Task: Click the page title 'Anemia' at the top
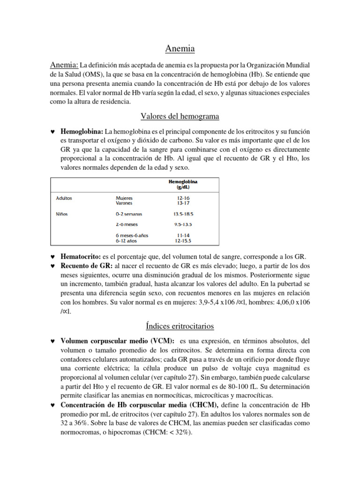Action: tap(180, 48)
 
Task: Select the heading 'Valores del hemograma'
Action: tap(180, 116)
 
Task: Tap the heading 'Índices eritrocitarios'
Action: tap(180, 326)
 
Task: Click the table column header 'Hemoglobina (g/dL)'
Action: tap(183, 184)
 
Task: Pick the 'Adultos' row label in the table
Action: tap(64, 198)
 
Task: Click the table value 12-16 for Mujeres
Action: tap(183, 198)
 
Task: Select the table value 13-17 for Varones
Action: tap(183, 203)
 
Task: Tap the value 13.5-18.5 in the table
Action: tap(183, 214)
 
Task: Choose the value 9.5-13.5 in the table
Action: tap(183, 224)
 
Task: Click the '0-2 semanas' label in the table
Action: tap(129, 214)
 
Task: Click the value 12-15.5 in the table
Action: tap(183, 240)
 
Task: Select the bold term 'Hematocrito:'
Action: tap(81, 257)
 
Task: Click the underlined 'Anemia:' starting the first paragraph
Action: tap(64, 64)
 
